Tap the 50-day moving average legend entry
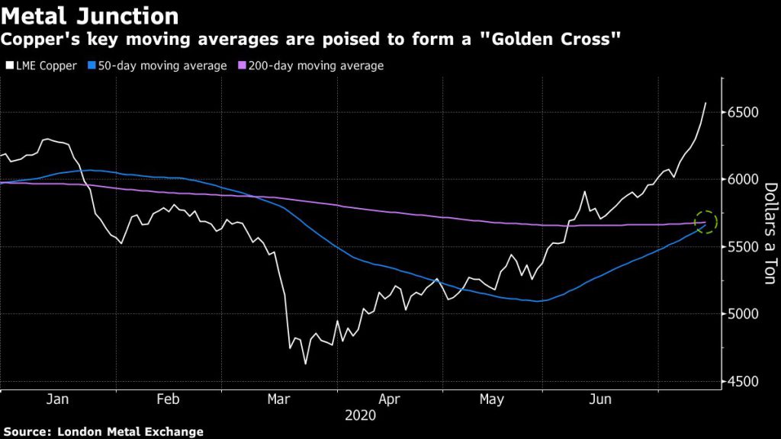tap(161, 66)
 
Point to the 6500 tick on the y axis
tap(743, 113)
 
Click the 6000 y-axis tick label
tap(743, 180)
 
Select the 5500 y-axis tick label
tap(743, 247)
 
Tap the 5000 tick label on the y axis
tap(743, 314)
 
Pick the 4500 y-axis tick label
tap(743, 381)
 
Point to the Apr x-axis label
tap(389, 399)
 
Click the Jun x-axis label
tap(603, 399)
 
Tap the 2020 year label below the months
tap(360, 415)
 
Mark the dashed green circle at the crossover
tap(706, 222)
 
